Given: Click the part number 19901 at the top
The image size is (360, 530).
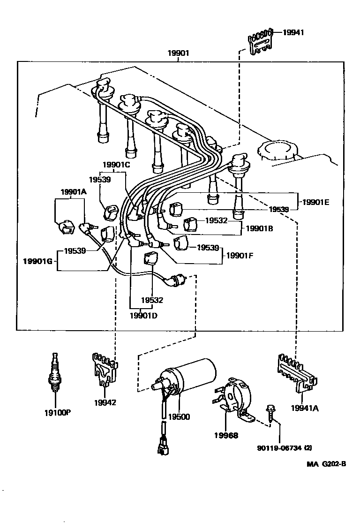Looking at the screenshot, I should coord(179,53).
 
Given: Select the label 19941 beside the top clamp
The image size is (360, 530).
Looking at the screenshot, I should coord(293,32).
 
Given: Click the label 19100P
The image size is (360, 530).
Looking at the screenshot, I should coord(58,413).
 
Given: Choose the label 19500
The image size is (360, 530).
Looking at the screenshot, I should coord(179,416).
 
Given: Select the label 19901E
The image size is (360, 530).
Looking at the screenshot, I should coord(315,202).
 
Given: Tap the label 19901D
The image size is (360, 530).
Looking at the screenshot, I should coord(143,315).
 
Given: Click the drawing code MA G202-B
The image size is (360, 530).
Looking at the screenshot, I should coord(326,464).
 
